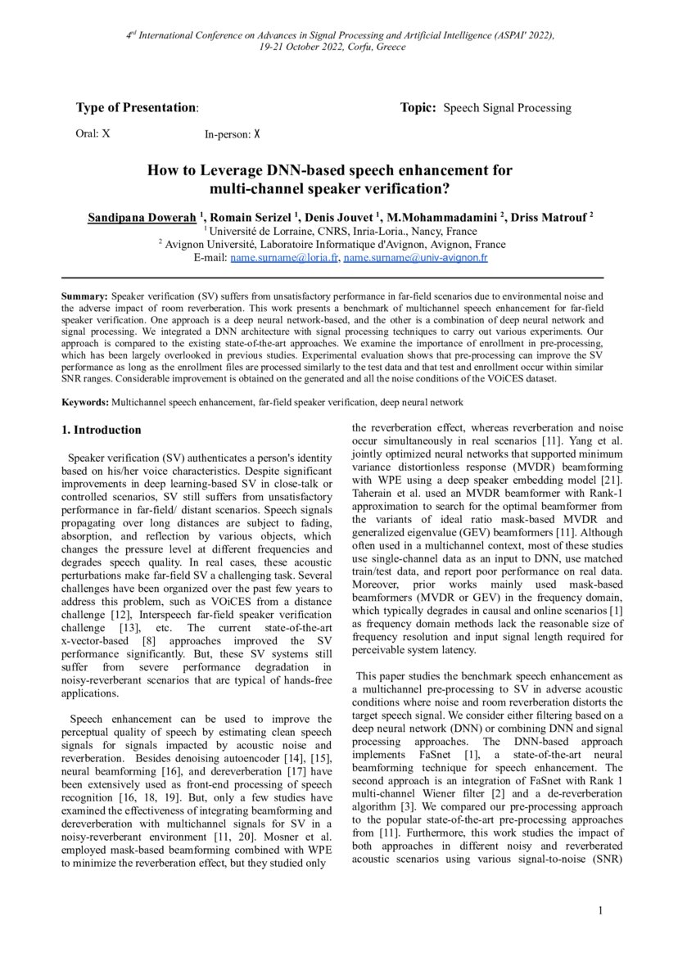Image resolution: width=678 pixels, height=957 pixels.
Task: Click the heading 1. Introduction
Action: (x=102, y=430)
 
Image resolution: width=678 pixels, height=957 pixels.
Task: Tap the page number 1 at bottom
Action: (x=600, y=911)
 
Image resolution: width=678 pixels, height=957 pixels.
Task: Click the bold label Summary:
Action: (x=85, y=296)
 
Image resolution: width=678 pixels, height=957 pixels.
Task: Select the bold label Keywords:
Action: (x=86, y=402)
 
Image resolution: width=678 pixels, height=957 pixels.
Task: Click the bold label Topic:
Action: (x=418, y=108)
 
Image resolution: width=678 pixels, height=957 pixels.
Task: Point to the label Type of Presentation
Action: (x=136, y=108)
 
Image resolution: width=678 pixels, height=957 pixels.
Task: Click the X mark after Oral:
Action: (x=106, y=133)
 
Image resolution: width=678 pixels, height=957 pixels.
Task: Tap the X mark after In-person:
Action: (x=256, y=133)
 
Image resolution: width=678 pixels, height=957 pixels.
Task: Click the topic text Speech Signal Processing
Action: (x=508, y=108)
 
